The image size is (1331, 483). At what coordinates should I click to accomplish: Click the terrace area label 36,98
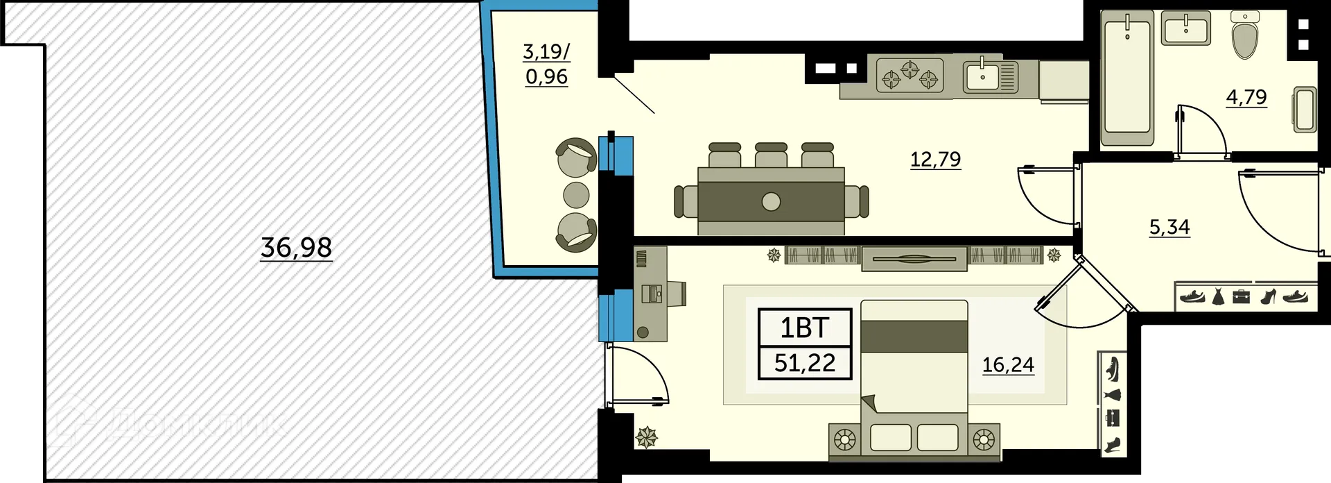point(296,247)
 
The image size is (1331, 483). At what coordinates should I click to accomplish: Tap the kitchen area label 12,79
point(935,159)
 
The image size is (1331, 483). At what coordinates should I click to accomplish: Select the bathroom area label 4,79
point(1246,97)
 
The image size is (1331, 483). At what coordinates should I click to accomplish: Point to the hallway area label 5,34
point(1169,227)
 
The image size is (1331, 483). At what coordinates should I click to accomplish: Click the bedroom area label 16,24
point(1008,364)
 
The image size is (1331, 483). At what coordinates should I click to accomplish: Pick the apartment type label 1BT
point(805,328)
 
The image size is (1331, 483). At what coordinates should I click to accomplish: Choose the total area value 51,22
point(805,362)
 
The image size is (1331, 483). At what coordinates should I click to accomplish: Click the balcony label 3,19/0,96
point(546,64)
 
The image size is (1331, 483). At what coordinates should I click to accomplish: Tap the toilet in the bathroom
point(1246,35)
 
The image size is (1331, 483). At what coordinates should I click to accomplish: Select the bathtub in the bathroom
point(1128,78)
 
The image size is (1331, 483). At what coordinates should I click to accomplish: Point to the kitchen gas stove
point(910,76)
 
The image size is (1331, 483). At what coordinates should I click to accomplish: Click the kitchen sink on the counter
point(990,77)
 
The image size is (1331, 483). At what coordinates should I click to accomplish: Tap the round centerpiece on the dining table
point(771,202)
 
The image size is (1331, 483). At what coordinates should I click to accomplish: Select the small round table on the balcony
point(576,195)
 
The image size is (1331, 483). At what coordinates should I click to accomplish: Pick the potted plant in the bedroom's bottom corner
point(647,437)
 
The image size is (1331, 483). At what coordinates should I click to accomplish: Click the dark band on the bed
point(914,337)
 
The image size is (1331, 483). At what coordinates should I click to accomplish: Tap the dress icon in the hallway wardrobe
point(1218,297)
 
